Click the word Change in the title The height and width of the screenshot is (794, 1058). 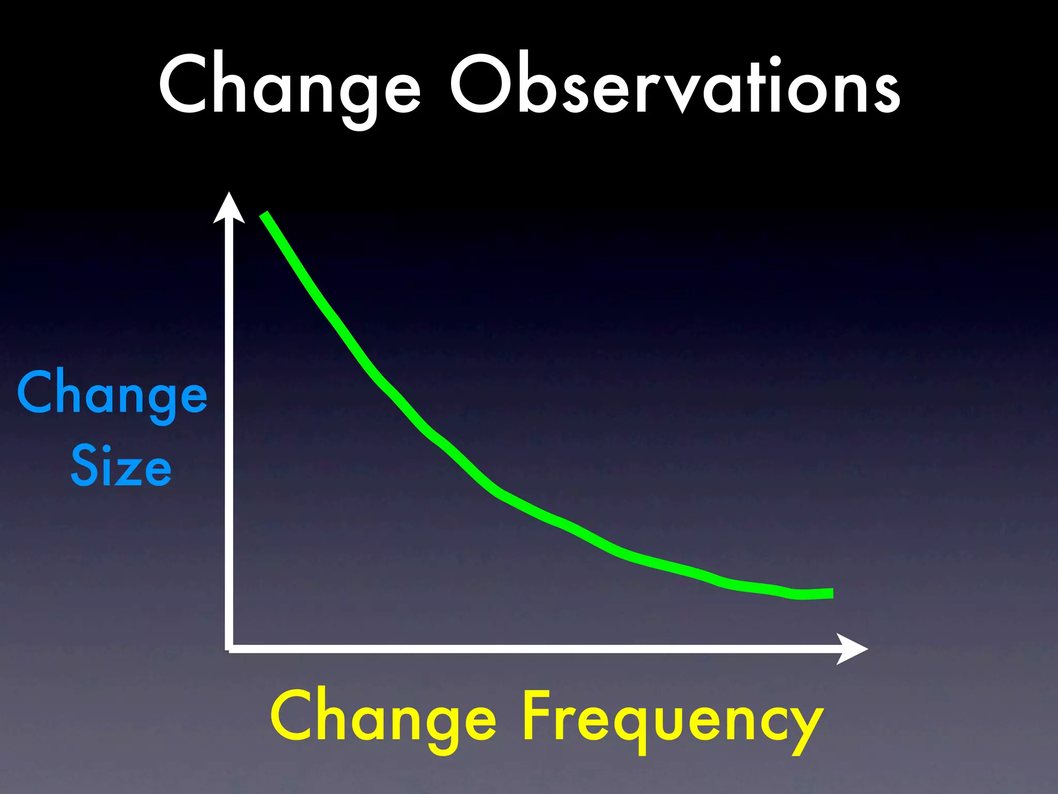pyautogui.click(x=289, y=85)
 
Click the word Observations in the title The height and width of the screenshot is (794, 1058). pyautogui.click(x=674, y=85)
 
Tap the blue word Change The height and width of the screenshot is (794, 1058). pyautogui.click(x=112, y=394)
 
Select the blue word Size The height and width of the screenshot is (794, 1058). pyautogui.click(x=121, y=466)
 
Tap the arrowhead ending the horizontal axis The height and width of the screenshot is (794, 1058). pyautogui.click(x=851, y=649)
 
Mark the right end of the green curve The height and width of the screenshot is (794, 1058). pyautogui.click(x=831, y=593)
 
